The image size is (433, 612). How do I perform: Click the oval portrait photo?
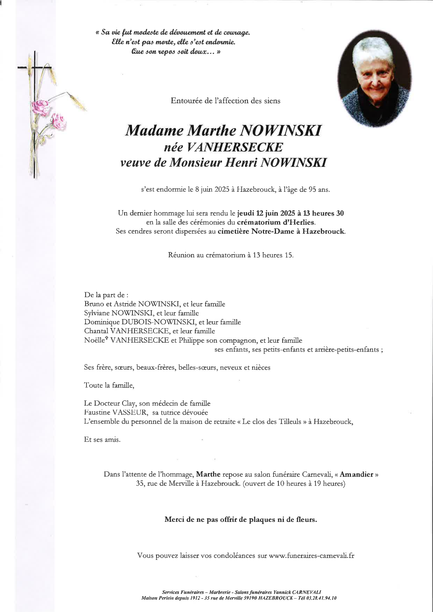[x=374, y=79]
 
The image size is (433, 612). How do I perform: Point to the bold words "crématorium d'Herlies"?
[x=276, y=222]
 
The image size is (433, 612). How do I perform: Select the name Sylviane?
[x=97, y=313]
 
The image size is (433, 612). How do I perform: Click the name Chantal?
[x=96, y=331]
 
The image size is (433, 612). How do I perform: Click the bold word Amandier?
[x=356, y=474]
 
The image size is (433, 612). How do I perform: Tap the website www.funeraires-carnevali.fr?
[x=312, y=555]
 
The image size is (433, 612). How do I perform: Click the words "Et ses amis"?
[x=102, y=439]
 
